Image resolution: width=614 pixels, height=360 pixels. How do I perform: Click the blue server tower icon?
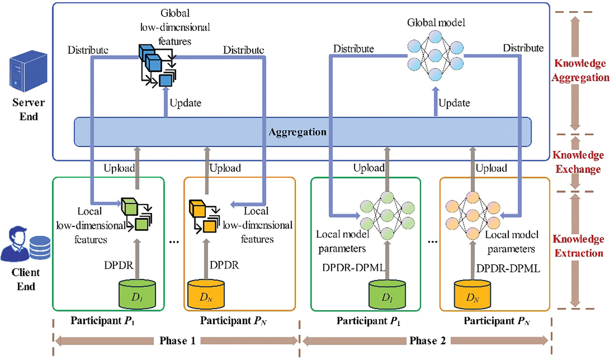click(28, 72)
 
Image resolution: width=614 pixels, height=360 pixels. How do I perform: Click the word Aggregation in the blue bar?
click(297, 132)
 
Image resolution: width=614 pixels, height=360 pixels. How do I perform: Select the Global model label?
click(436, 23)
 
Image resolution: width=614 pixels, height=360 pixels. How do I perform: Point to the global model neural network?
click(435, 56)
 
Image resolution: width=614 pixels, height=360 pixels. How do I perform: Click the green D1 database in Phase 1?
click(137, 295)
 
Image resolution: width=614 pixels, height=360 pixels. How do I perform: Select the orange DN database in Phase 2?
click(472, 295)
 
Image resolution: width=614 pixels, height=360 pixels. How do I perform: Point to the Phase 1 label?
click(177, 341)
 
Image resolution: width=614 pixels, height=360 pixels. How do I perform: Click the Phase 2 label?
click(427, 341)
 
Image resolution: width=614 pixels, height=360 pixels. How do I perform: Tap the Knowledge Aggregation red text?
click(580, 70)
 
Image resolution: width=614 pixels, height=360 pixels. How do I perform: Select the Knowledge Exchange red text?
click(578, 162)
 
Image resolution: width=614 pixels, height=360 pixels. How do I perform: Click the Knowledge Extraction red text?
click(578, 246)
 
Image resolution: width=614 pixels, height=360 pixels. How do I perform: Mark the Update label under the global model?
click(454, 103)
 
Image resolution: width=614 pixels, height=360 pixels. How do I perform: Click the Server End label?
click(28, 109)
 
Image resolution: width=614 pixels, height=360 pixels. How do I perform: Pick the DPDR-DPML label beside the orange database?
click(508, 269)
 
